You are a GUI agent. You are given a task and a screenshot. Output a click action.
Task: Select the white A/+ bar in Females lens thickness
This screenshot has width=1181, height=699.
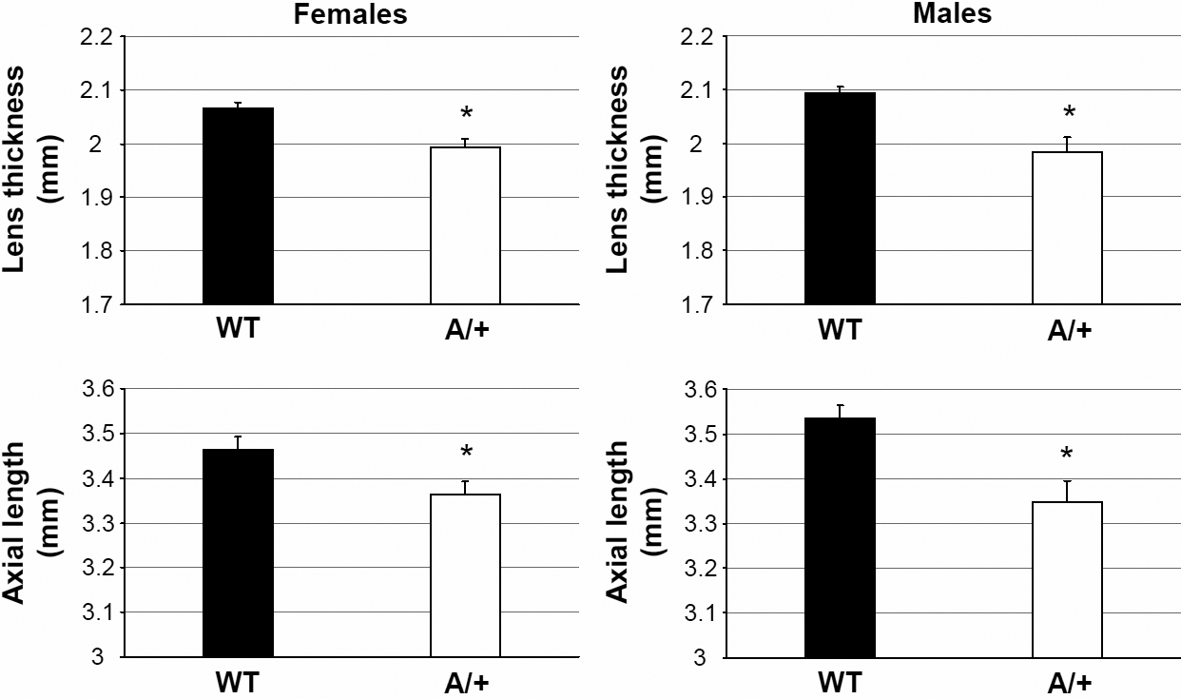466,225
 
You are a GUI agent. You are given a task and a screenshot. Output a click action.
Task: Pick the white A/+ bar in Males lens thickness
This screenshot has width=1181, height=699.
1067,228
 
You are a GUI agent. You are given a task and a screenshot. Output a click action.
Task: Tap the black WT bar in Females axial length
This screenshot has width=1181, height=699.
238,553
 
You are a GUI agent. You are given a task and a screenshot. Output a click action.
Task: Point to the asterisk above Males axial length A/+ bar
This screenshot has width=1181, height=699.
1067,454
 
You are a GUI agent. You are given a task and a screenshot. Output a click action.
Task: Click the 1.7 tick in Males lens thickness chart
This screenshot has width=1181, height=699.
701,304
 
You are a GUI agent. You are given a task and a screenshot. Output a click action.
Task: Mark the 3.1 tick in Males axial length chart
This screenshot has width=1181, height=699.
701,613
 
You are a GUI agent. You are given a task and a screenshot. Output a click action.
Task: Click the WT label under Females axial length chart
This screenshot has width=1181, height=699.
238,683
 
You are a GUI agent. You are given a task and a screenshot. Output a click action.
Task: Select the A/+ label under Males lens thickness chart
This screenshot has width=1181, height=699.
1067,330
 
